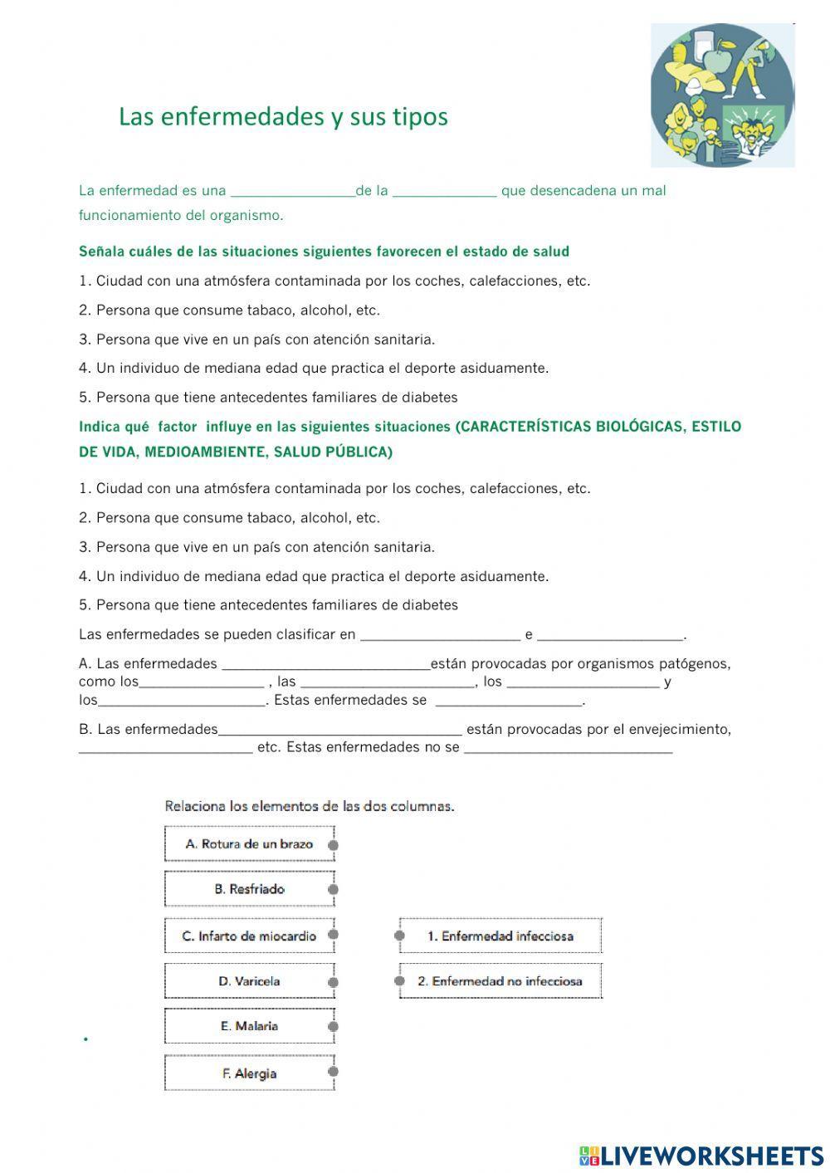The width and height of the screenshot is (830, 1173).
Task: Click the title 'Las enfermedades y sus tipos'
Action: pos(283,116)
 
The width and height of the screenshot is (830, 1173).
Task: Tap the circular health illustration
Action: pos(722,95)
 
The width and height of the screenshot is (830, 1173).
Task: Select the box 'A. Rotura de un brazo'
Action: pos(249,843)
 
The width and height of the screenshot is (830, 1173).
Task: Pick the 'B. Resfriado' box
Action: pos(249,889)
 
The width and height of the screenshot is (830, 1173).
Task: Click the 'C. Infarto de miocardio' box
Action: pos(249,936)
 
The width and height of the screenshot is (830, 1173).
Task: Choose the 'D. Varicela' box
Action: pos(249,981)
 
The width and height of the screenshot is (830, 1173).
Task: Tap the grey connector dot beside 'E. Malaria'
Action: pos(333,1027)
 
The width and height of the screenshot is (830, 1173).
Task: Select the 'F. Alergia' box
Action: pos(249,1073)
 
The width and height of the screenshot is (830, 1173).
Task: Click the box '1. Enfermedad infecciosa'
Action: pos(500,936)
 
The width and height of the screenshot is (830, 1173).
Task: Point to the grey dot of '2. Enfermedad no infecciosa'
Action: pos(399,981)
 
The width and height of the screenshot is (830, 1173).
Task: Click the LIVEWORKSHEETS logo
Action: pos(701,1155)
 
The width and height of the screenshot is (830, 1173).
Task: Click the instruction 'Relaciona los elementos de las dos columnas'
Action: pos(310,806)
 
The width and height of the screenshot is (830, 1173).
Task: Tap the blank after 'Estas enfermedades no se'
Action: pos(568,748)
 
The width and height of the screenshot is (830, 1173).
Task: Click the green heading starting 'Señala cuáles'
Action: pos(324,252)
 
